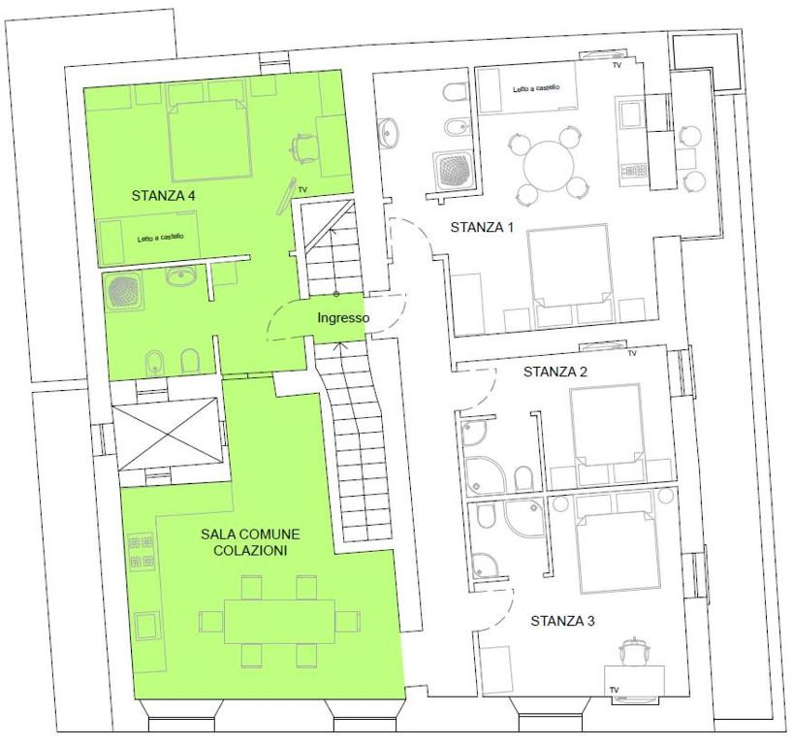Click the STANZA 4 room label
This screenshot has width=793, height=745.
(164, 196)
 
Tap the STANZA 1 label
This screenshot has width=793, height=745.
(482, 227)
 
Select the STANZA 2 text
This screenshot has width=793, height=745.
(555, 372)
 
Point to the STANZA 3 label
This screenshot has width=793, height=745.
(562, 621)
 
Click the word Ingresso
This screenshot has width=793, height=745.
(343, 318)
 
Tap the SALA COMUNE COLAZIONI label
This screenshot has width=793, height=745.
(250, 542)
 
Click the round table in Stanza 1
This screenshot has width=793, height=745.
(549, 166)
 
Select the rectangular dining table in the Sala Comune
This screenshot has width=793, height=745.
(279, 621)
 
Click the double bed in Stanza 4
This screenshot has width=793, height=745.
(209, 141)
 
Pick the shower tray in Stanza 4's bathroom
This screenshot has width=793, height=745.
(125, 292)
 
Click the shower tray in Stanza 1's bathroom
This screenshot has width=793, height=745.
(453, 170)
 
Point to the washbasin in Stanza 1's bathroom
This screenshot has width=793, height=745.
(388, 133)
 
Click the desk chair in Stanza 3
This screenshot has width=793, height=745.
(634, 651)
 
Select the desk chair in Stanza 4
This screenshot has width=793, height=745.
(303, 147)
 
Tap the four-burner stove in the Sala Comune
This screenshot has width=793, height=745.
(142, 551)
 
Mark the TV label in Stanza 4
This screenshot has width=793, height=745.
(302, 190)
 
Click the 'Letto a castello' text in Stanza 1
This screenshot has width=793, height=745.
(536, 88)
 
